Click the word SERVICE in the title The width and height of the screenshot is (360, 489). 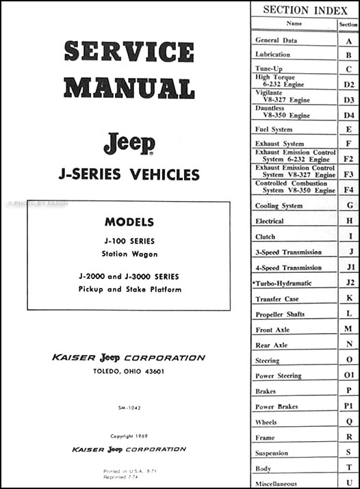[129, 53]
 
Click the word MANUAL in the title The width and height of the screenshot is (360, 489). [129, 88]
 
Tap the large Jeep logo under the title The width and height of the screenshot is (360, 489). [129, 143]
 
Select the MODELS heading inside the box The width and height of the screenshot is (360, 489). [129, 222]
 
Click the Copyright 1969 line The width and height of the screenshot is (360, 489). [129, 436]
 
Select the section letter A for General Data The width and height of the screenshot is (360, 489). [349, 40]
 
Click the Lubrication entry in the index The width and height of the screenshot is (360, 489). [272, 55]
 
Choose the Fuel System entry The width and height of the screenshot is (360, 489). [274, 129]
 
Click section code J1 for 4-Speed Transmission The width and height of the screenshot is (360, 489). [349, 268]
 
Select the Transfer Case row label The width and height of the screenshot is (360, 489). [278, 300]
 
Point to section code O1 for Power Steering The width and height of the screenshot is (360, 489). [349, 375]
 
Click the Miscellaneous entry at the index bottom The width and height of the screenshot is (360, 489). [278, 484]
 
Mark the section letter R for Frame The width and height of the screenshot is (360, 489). [349, 437]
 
